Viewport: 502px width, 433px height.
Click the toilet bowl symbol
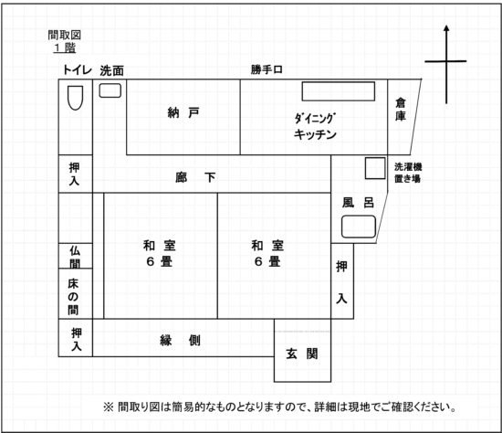[76, 98]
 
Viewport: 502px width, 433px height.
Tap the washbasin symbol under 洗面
[110, 90]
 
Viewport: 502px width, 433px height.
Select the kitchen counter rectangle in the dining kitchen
[339, 91]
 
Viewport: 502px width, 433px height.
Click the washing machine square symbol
[375, 168]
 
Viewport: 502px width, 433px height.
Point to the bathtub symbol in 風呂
[359, 227]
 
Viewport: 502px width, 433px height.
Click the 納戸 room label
[183, 112]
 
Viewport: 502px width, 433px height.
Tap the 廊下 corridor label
[195, 177]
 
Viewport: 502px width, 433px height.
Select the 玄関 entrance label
[302, 354]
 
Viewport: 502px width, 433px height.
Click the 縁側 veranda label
[180, 341]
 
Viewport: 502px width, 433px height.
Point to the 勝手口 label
[267, 69]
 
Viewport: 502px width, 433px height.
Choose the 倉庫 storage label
[401, 110]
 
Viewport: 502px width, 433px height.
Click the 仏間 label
[75, 257]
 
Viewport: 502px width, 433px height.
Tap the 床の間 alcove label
[73, 297]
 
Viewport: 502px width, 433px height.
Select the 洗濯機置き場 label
[408, 173]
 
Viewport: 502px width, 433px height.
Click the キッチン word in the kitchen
[315, 134]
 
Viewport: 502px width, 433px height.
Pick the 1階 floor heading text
[65, 48]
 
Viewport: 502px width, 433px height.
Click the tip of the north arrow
[446, 26]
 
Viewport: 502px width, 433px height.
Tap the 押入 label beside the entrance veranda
[76, 339]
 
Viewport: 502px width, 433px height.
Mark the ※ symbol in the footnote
[109, 407]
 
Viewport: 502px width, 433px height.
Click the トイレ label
[78, 69]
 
